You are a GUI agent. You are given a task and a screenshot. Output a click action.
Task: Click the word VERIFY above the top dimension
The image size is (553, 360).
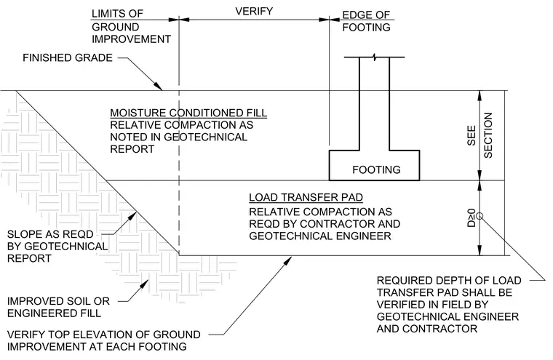tap(254, 12)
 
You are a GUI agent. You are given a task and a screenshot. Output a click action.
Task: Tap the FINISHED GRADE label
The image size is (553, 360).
tap(68, 58)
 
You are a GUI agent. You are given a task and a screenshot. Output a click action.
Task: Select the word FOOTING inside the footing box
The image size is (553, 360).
tap(376, 170)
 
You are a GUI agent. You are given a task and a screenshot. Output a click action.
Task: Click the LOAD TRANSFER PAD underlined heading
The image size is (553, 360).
tap(306, 197)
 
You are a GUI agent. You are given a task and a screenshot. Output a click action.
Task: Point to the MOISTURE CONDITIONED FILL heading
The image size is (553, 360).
tap(188, 113)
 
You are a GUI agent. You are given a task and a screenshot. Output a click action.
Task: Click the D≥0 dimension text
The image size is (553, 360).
tap(472, 218)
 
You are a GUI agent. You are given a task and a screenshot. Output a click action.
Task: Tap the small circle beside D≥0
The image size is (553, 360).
tap(480, 216)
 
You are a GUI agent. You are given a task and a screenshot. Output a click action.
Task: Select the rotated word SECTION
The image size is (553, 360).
tap(488, 135)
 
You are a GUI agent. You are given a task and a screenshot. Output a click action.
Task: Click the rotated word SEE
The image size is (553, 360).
tap(472, 136)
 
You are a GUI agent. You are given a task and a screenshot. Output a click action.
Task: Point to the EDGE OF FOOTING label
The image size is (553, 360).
tap(367, 21)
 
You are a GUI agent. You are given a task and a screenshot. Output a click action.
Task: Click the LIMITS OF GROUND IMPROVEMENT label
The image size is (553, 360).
tap(131, 26)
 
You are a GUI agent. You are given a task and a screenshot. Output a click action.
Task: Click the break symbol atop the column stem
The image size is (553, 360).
tap(375, 57)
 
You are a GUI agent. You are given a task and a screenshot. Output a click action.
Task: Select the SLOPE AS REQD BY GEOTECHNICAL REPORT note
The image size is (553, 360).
tap(57, 247)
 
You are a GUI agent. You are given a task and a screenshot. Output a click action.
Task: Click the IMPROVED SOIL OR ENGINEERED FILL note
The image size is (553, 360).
tap(58, 307)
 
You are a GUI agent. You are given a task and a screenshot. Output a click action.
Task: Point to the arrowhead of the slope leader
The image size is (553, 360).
tap(132, 216)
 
